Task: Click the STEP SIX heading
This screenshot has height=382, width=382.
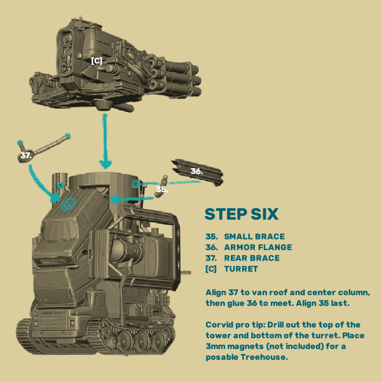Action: [x=241, y=215]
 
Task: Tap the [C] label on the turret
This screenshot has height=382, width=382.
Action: [x=97, y=61]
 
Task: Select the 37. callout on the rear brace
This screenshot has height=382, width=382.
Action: [x=26, y=156]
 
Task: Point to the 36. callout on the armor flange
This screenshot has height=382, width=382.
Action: [x=196, y=171]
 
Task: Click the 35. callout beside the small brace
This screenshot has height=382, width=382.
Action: [x=162, y=189]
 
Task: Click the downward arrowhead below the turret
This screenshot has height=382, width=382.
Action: [x=105, y=165]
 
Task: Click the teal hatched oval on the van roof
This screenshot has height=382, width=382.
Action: [x=69, y=204]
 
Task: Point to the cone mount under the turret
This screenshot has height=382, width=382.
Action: [x=103, y=105]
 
